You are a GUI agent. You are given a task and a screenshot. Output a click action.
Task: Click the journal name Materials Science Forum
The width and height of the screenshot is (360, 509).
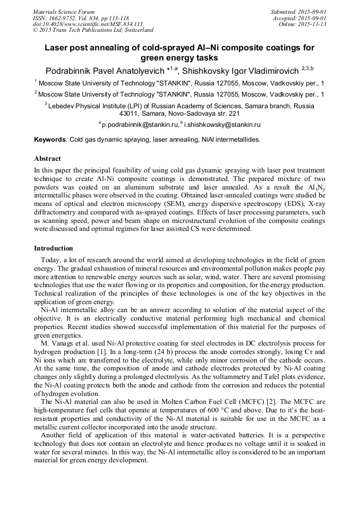[64, 12]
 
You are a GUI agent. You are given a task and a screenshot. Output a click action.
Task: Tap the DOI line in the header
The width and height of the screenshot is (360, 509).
[88, 24]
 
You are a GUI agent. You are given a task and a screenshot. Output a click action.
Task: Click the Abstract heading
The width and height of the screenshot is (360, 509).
[47, 159]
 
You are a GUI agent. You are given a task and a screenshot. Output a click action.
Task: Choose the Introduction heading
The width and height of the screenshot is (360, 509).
[54, 248]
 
